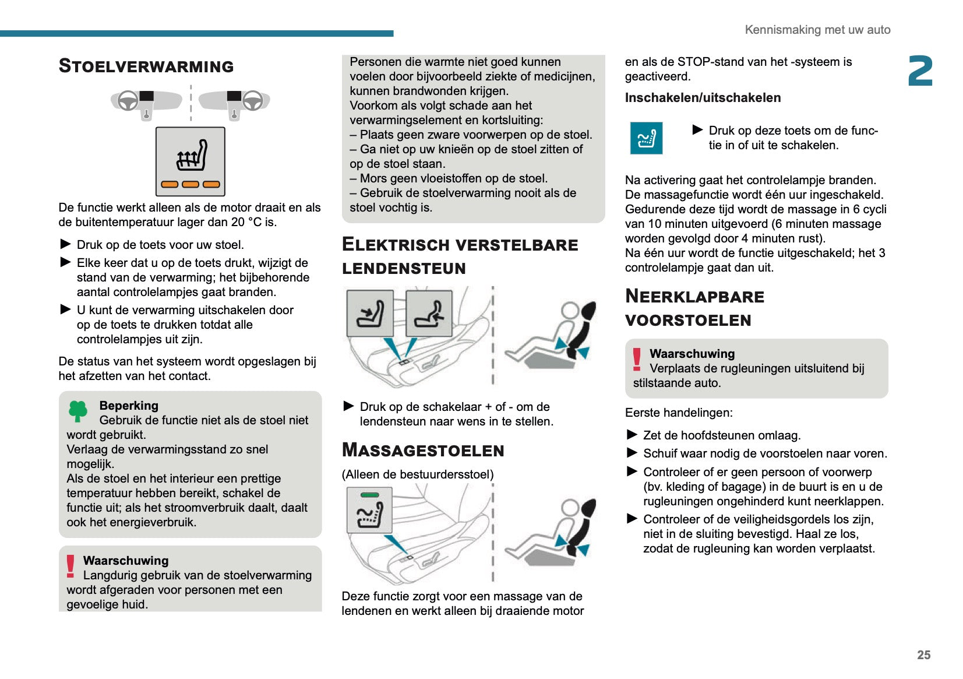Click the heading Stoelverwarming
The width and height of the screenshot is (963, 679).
pyautogui.click(x=146, y=66)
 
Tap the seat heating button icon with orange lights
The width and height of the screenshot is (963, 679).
pyautogui.click(x=191, y=161)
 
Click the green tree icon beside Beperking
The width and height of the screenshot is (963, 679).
pyautogui.click(x=77, y=411)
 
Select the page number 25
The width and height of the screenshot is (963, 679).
pyautogui.click(x=923, y=655)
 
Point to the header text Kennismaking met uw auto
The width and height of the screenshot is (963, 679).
pyautogui.click(x=817, y=30)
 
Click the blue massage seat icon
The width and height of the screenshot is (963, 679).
pyautogui.click(x=646, y=138)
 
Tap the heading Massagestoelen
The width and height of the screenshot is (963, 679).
pyautogui.click(x=423, y=451)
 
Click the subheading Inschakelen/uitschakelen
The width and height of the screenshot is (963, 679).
pyautogui.click(x=703, y=98)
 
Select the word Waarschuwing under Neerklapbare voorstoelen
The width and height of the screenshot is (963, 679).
pyautogui.click(x=692, y=354)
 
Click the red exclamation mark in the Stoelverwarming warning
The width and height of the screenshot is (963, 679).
pyautogui.click(x=70, y=566)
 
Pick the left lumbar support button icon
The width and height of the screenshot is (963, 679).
pyautogui.click(x=370, y=314)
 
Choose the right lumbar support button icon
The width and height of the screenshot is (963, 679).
pyautogui.click(x=429, y=314)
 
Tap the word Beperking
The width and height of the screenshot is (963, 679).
pyautogui.click(x=129, y=406)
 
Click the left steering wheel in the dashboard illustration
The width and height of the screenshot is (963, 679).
pyautogui.click(x=128, y=101)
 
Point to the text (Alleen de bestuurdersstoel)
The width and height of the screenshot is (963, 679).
pyautogui.click(x=418, y=474)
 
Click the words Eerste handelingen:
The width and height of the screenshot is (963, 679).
pyautogui.click(x=679, y=413)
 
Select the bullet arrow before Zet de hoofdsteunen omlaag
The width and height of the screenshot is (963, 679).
pyautogui.click(x=632, y=435)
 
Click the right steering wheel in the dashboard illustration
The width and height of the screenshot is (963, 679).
pyautogui.click(x=252, y=101)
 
